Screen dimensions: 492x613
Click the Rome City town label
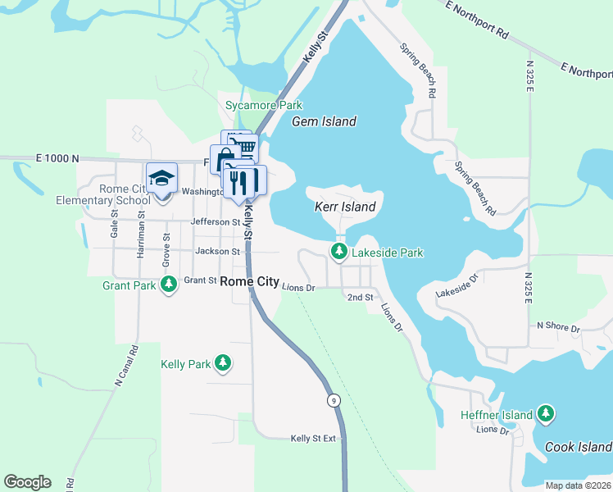(249, 281)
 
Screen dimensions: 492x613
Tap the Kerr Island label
(345, 207)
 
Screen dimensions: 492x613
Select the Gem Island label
(325, 122)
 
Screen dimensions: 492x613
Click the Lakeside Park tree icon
(338, 253)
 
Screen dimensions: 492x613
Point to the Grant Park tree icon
(169, 285)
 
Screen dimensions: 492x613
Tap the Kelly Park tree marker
(222, 363)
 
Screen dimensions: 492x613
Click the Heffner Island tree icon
(545, 415)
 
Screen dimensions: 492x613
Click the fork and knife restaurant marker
(239, 181)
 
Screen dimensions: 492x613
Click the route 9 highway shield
(334, 400)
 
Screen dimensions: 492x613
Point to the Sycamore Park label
(264, 106)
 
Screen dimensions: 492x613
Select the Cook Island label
(579, 447)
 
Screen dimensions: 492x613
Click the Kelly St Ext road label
(313, 439)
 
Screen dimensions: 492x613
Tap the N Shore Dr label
(558, 326)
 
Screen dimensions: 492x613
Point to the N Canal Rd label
(122, 364)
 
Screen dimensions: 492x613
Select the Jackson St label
(217, 252)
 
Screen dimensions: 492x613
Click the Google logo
(27, 482)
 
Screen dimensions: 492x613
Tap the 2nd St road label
(361, 297)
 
